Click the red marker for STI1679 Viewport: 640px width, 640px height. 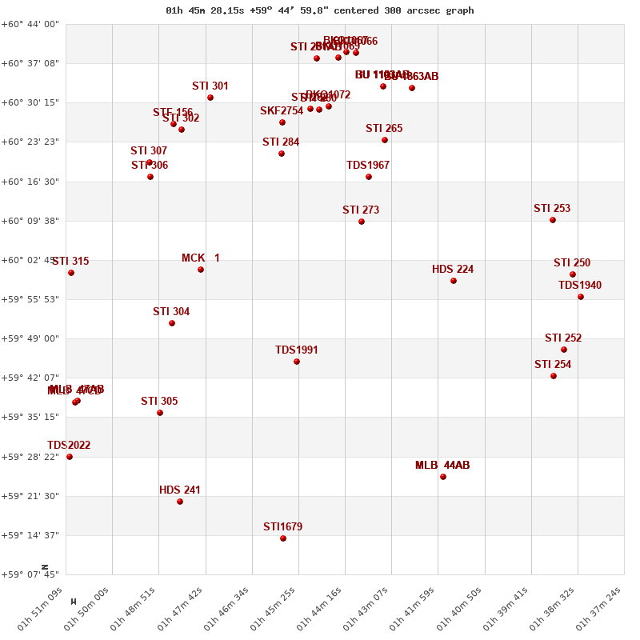click(283, 538)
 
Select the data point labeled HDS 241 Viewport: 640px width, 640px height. click(180, 502)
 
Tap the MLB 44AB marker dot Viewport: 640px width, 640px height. click(443, 477)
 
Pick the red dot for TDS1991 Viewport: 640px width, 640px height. click(297, 362)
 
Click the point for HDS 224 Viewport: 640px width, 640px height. click(454, 281)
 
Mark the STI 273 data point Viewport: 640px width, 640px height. click(362, 222)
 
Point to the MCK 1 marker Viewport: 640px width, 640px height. click(201, 270)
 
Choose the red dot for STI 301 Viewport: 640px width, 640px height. click(210, 98)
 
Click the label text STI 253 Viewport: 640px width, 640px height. click(552, 209)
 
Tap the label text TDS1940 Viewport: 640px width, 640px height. click(580, 286)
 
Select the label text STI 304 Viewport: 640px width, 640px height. click(171, 312)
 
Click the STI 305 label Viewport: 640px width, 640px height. click(159, 402)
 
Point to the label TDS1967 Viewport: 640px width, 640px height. click(368, 166)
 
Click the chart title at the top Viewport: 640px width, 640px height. click(320, 10)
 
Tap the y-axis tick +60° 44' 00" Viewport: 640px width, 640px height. click(30, 24)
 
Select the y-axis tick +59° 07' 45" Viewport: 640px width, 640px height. click(30, 574)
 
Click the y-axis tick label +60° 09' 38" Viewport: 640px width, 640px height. click(30, 221)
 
